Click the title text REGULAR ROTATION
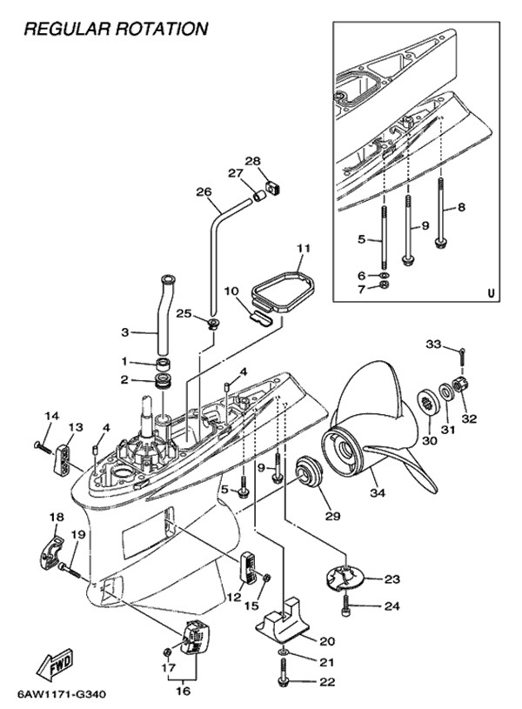[116, 29]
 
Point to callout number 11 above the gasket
[301, 249]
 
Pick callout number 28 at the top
[251, 161]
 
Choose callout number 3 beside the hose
[124, 332]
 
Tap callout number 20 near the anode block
[327, 641]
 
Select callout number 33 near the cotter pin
[433, 344]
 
